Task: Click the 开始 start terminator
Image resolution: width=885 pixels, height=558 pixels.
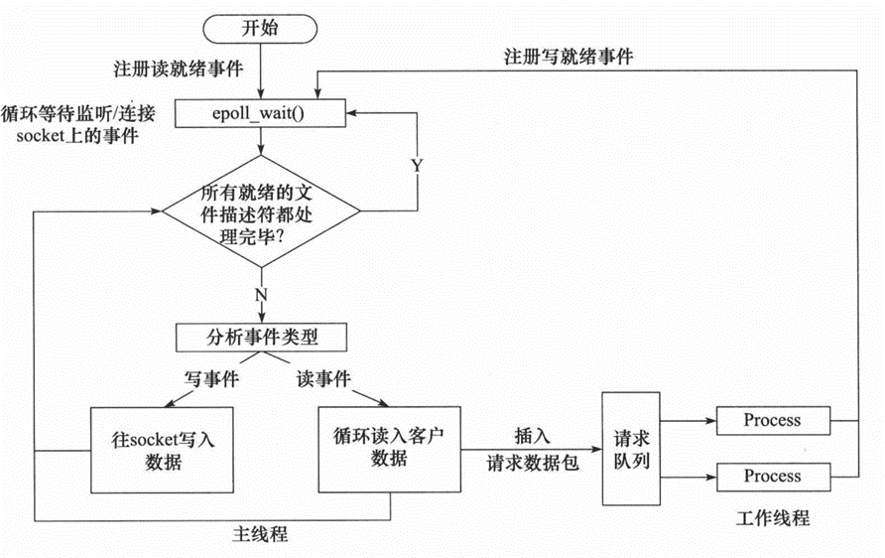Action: tap(260, 28)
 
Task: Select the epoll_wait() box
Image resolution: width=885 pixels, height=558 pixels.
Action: tap(260, 113)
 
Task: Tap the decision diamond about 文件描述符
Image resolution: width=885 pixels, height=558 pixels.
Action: tap(261, 211)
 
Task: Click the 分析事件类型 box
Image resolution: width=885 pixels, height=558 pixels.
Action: tap(261, 338)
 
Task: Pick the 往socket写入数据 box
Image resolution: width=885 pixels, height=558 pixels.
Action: tap(162, 450)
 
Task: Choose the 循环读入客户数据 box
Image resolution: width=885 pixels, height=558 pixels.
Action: tap(390, 449)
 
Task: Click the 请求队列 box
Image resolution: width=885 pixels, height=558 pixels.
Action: tap(631, 449)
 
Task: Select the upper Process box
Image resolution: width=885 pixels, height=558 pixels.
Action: tap(773, 420)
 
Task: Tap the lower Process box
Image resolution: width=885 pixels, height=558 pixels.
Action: tap(773, 477)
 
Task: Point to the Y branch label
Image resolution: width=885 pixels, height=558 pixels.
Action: tap(417, 166)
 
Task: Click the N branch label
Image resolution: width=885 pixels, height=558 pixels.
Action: tap(261, 294)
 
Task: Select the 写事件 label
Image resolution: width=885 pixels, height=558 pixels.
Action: tap(211, 378)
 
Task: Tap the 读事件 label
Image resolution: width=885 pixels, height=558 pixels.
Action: tap(323, 378)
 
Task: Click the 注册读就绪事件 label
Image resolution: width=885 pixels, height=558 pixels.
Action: tap(179, 69)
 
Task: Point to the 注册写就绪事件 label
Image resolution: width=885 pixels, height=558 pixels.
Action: tap(569, 57)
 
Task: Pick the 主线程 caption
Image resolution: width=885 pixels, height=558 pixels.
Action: tap(260, 534)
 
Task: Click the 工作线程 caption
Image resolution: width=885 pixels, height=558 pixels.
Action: tap(773, 517)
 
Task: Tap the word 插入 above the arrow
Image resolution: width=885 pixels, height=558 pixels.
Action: tap(532, 436)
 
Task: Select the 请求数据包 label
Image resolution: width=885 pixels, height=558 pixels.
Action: tap(532, 463)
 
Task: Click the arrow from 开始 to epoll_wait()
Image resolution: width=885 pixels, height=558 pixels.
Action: tap(261, 71)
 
